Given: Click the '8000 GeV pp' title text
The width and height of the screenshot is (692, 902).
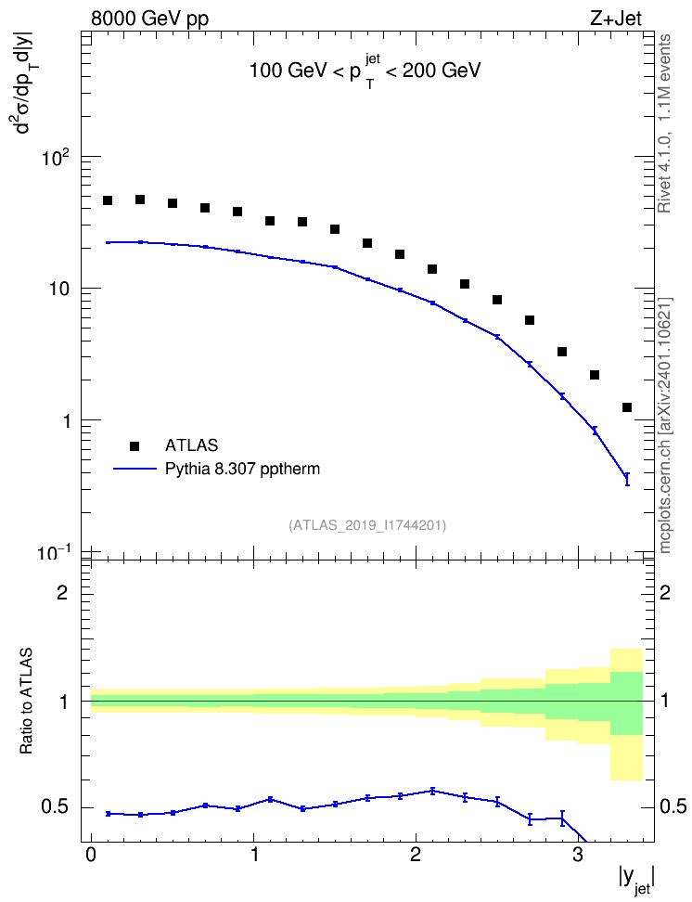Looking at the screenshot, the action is tap(149, 19).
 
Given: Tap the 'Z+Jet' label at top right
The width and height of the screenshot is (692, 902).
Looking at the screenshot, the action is tap(616, 19).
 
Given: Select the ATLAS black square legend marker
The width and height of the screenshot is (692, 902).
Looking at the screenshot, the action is tap(135, 445).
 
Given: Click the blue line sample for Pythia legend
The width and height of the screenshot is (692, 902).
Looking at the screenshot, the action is tap(135, 469).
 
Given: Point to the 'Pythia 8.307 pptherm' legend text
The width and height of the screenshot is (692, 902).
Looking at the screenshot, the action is tap(242, 469).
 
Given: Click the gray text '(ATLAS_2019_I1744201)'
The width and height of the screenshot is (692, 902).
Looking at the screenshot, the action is tap(367, 525).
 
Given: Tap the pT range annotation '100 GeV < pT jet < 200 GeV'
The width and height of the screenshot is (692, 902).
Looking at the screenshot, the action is tap(365, 71).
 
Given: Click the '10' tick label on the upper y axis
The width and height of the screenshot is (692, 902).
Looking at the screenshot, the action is tap(58, 290).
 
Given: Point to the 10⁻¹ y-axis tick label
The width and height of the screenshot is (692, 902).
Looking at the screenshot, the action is tap(54, 553).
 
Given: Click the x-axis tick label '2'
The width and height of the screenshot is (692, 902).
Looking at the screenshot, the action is tap(416, 853).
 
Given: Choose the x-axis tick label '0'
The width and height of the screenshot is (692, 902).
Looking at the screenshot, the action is tap(91, 853).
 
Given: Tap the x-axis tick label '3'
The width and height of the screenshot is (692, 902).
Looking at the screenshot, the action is tap(578, 853).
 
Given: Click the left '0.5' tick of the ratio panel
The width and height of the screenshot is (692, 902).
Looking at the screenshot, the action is tap(55, 807).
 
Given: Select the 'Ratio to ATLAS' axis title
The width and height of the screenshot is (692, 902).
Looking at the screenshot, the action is tap(26, 701).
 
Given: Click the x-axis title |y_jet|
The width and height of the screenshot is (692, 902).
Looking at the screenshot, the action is tap(636, 880).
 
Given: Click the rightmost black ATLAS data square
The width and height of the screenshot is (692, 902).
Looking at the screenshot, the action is tap(627, 407).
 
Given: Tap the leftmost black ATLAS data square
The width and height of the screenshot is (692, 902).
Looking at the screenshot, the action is tap(108, 200).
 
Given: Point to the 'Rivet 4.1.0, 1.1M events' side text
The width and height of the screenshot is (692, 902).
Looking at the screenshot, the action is tap(665, 123).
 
